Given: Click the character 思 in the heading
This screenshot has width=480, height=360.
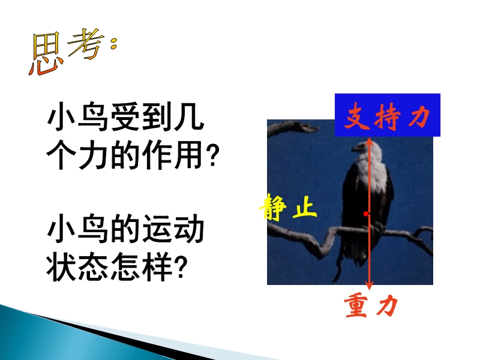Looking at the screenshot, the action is click(x=46, y=54).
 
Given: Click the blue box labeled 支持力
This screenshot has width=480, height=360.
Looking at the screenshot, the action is click(x=387, y=115).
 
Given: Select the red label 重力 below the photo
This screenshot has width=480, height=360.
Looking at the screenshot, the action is click(x=371, y=305).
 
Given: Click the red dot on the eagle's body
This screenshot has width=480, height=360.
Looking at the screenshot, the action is click(x=366, y=214).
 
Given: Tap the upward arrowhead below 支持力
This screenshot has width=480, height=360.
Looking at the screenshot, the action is click(x=370, y=141).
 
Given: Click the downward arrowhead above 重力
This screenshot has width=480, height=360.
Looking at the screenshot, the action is click(x=370, y=286).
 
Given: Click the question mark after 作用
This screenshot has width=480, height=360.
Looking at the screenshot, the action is click(x=213, y=155).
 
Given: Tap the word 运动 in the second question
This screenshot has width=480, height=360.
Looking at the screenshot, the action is click(x=173, y=229).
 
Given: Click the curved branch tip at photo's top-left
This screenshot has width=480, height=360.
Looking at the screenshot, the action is click(x=311, y=128).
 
